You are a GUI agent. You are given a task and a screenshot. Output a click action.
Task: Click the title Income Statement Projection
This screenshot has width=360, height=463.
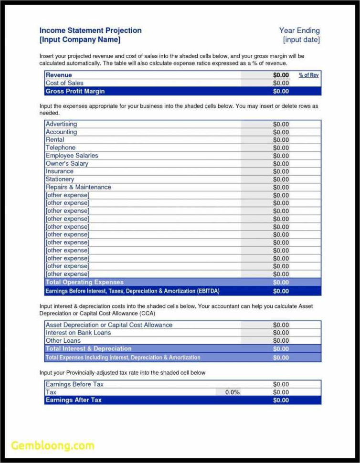(x=90, y=31)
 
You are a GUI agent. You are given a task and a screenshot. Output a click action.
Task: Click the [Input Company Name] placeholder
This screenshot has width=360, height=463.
(x=80, y=40)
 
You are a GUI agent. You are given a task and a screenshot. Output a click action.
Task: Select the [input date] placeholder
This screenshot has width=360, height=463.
(x=301, y=40)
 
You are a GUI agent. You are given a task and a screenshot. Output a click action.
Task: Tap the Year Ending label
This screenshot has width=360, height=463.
(x=299, y=31)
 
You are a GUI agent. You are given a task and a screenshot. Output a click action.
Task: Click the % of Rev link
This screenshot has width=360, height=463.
(x=308, y=75)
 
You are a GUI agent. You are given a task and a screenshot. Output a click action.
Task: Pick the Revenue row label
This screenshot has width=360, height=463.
(x=59, y=75)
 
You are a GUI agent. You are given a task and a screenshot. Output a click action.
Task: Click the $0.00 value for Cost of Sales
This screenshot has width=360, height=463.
(x=281, y=83)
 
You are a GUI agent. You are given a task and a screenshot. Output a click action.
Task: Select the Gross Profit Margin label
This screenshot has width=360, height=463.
(x=75, y=91)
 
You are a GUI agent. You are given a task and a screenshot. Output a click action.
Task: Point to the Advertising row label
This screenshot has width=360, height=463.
(x=61, y=124)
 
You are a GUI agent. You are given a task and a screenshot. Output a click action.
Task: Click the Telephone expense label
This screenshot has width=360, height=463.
(x=61, y=148)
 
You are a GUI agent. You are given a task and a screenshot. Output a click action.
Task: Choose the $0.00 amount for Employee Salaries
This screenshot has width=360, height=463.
(x=281, y=156)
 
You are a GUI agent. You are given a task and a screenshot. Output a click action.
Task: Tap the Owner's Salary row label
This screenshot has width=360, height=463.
(x=67, y=164)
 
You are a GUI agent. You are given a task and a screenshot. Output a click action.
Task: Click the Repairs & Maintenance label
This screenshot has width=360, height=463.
(x=78, y=187)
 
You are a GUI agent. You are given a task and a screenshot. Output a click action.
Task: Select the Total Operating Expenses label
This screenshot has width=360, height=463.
(x=85, y=283)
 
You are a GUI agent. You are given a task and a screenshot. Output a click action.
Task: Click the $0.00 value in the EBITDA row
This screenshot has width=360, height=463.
(x=281, y=291)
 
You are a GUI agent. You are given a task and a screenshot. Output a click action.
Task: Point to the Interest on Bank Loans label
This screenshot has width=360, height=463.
(x=78, y=333)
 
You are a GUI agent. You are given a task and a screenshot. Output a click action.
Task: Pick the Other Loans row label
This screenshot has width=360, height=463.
(x=63, y=341)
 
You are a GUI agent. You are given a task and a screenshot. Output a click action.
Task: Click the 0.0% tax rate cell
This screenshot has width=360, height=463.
(x=233, y=392)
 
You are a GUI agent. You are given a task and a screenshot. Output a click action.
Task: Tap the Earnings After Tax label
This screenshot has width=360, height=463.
(x=74, y=400)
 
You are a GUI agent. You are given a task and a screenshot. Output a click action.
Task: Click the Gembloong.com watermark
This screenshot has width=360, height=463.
(x=53, y=445)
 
